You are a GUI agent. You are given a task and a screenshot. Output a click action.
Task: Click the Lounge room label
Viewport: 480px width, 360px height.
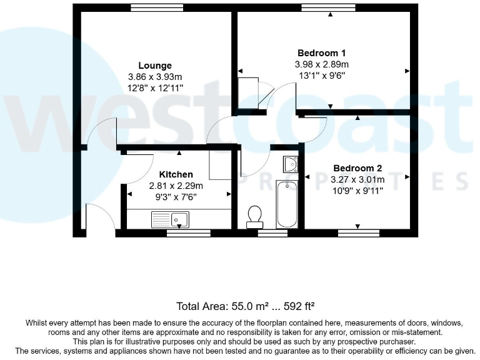pyautogui.click(x=154, y=66)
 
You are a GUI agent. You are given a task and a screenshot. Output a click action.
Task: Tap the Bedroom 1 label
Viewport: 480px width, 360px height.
pyautogui.click(x=322, y=53)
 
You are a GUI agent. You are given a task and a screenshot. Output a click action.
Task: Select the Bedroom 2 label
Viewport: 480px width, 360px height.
pyautogui.click(x=357, y=168)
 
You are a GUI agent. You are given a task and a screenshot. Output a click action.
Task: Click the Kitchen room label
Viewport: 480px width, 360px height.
pyautogui.click(x=176, y=174)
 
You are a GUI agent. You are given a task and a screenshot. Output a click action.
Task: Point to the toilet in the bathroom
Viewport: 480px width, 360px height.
pyautogui.click(x=254, y=216)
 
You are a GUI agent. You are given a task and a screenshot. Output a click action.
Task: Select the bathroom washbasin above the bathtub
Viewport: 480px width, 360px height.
pyautogui.click(x=290, y=164)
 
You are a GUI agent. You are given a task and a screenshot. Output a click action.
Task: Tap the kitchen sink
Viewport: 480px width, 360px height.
pyautogui.click(x=171, y=219)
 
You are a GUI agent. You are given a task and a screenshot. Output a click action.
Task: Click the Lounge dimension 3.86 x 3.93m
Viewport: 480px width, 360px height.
pyautogui.click(x=154, y=77)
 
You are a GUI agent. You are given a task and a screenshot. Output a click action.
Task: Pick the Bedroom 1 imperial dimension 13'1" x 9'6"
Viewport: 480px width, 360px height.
pyautogui.click(x=322, y=76)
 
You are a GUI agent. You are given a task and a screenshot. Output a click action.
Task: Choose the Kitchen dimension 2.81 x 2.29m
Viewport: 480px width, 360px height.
pyautogui.click(x=176, y=186)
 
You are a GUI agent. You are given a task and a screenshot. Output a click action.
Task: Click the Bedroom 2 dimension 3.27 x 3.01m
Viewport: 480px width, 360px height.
pyautogui.click(x=357, y=179)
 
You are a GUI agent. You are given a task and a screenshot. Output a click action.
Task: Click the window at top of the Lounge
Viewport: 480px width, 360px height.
pyautogui.click(x=157, y=8)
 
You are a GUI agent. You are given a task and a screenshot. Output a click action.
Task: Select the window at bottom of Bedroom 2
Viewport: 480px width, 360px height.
pyautogui.click(x=359, y=233)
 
